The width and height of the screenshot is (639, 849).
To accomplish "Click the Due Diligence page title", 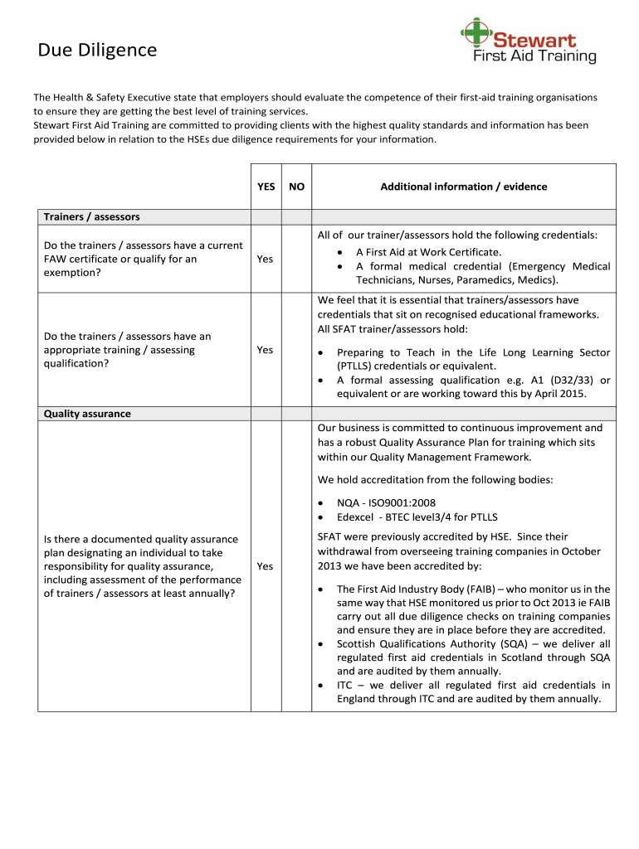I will click(97, 51).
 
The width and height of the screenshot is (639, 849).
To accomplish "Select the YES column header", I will click(266, 187).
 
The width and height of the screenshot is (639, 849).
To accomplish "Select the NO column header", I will click(296, 187).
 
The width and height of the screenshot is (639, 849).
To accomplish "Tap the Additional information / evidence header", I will click(463, 187).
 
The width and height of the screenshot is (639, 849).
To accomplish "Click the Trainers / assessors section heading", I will click(91, 217).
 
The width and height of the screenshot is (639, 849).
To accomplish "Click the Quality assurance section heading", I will click(87, 413).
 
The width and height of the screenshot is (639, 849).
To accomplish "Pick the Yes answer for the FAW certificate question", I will click(265, 259).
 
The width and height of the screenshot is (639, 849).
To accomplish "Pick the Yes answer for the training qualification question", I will click(265, 350).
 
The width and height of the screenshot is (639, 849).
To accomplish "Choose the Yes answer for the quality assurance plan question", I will click(265, 566).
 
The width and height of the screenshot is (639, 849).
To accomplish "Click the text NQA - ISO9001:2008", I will click(386, 502).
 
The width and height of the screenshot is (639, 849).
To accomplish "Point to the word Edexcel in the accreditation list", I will click(356, 517).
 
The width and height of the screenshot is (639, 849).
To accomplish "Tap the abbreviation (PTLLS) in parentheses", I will click(356, 366).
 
